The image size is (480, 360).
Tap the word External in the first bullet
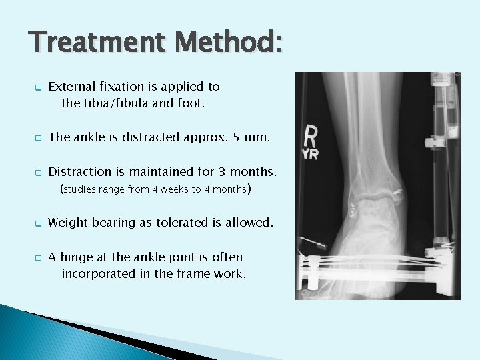point(71,86)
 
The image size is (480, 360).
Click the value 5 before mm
point(237,137)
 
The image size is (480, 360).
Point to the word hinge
point(79,257)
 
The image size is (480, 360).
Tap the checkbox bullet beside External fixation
point(37,87)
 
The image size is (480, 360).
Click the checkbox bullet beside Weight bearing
point(37,223)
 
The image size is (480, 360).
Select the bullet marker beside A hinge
point(37,258)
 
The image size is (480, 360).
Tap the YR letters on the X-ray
point(309,155)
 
